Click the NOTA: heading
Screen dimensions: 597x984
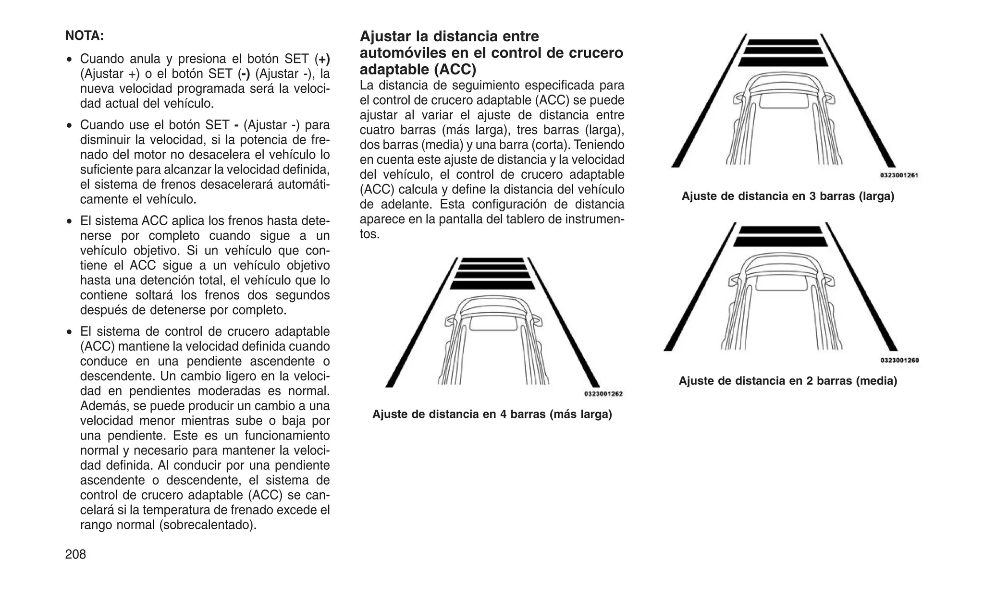[85, 36]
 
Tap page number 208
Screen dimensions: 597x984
[75, 554]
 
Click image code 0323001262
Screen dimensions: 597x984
[603, 394]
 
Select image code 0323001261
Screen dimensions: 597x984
[899, 175]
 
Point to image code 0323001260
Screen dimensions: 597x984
[899, 360]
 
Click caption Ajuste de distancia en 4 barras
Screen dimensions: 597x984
[492, 414]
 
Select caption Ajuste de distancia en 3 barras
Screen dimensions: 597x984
[787, 196]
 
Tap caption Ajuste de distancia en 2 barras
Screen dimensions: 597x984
[787, 381]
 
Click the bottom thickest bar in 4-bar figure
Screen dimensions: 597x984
[492, 285]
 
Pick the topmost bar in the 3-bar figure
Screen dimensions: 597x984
[783, 42]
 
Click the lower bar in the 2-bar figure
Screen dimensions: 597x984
[781, 241]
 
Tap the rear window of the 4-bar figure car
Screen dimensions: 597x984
[493, 323]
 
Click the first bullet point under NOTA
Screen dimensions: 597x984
[70, 60]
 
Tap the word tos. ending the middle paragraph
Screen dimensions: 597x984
[369, 234]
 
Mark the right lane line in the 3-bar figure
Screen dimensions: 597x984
[858, 101]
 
